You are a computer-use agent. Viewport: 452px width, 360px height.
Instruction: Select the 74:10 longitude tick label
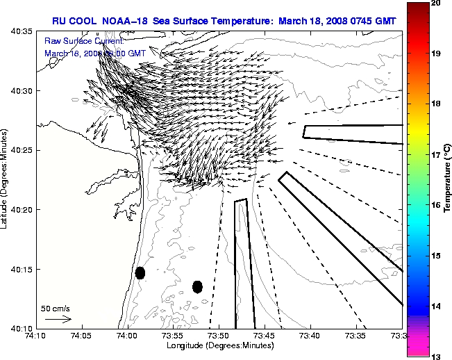pyautogui.click(x=35, y=336)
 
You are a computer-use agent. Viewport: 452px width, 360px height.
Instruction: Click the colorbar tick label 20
pyautogui.click(x=436, y=3)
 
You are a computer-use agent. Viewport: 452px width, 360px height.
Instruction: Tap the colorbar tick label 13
pyautogui.click(x=436, y=357)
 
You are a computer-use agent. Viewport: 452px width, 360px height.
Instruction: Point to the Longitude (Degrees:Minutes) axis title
pyautogui.click(x=219, y=345)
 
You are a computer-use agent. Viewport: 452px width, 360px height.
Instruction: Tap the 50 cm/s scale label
pyautogui.click(x=56, y=308)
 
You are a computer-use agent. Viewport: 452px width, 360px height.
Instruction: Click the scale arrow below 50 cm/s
pyautogui.click(x=58, y=319)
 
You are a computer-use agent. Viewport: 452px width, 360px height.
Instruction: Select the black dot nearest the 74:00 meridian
pyautogui.click(x=140, y=272)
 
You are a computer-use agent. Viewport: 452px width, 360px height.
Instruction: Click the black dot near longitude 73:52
pyautogui.click(x=197, y=286)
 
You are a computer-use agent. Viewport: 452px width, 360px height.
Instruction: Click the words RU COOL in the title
pyautogui.click(x=73, y=21)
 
